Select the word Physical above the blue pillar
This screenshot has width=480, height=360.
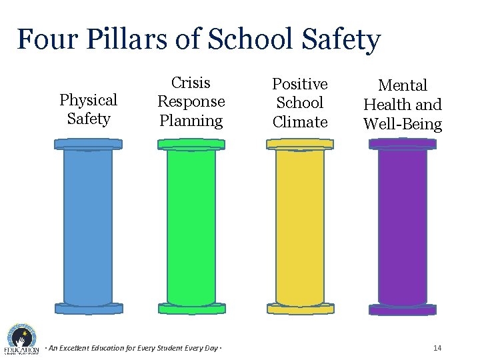coord(88,100)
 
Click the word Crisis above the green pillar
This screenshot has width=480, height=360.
coord(191,83)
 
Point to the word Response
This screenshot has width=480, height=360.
coord(191,101)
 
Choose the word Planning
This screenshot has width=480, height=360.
coord(191,121)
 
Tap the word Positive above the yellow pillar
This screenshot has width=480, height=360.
coord(300,84)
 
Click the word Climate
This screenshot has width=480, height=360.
coord(300,122)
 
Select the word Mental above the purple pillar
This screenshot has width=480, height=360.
coord(403,85)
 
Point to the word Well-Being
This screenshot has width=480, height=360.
coord(403,124)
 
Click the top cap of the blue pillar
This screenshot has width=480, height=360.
coord(88,144)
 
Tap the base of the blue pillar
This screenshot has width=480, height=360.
coord(89,309)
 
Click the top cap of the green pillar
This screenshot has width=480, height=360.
coord(191,144)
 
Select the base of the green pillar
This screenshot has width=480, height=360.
coord(191,309)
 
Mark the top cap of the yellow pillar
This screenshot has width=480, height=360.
coord(300,144)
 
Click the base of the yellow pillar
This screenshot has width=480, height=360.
coord(300,309)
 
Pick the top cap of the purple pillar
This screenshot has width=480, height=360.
coord(403,144)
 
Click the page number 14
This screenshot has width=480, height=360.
coord(437,348)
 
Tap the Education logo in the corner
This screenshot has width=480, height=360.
coord(21,340)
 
